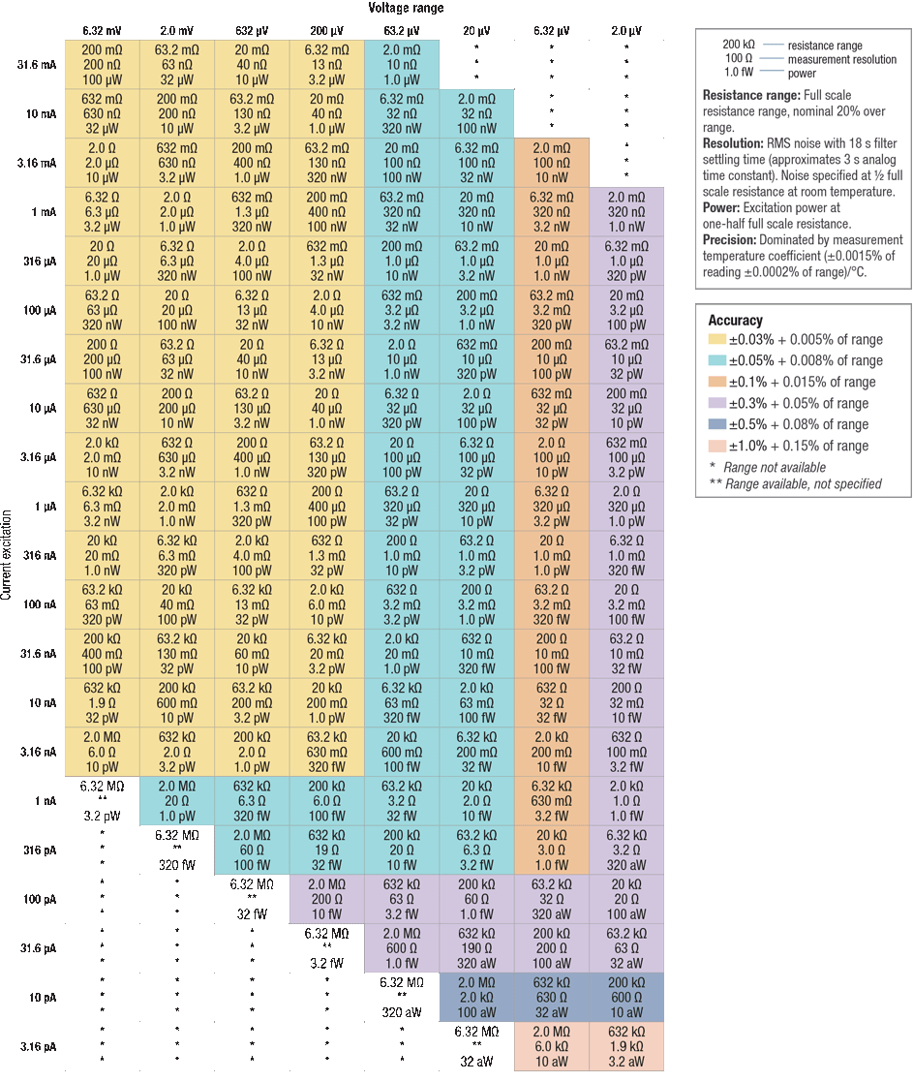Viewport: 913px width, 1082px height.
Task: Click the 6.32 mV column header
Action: tap(102, 29)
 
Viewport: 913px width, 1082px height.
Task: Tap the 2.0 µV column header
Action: tap(625, 29)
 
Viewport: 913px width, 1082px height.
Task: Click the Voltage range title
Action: tap(406, 8)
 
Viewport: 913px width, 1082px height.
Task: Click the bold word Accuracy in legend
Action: tap(736, 320)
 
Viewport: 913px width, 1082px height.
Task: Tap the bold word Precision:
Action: tap(731, 239)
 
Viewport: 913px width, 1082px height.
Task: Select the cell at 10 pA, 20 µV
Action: tap(476, 998)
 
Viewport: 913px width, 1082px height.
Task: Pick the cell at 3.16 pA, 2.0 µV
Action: tap(625, 1046)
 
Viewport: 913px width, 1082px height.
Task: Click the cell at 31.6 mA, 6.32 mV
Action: tap(102, 65)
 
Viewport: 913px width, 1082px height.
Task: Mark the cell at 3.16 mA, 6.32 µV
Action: tap(551, 163)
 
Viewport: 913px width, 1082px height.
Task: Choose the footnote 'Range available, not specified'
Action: tap(802, 483)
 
